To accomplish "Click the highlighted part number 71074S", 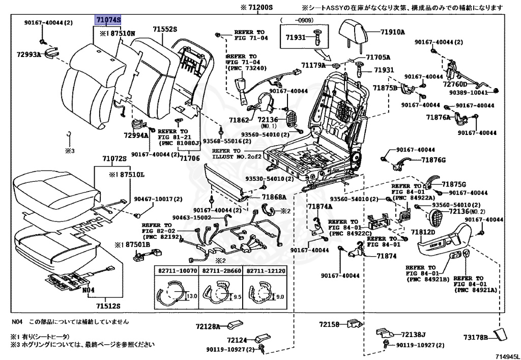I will point(108,20).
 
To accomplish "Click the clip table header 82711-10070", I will point(177,271).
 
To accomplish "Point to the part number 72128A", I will point(208,326).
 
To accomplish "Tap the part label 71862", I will point(239,120).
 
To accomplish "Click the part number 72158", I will point(329,324).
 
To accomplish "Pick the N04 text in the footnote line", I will point(18,321).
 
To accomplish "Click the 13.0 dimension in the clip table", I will point(191,295).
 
